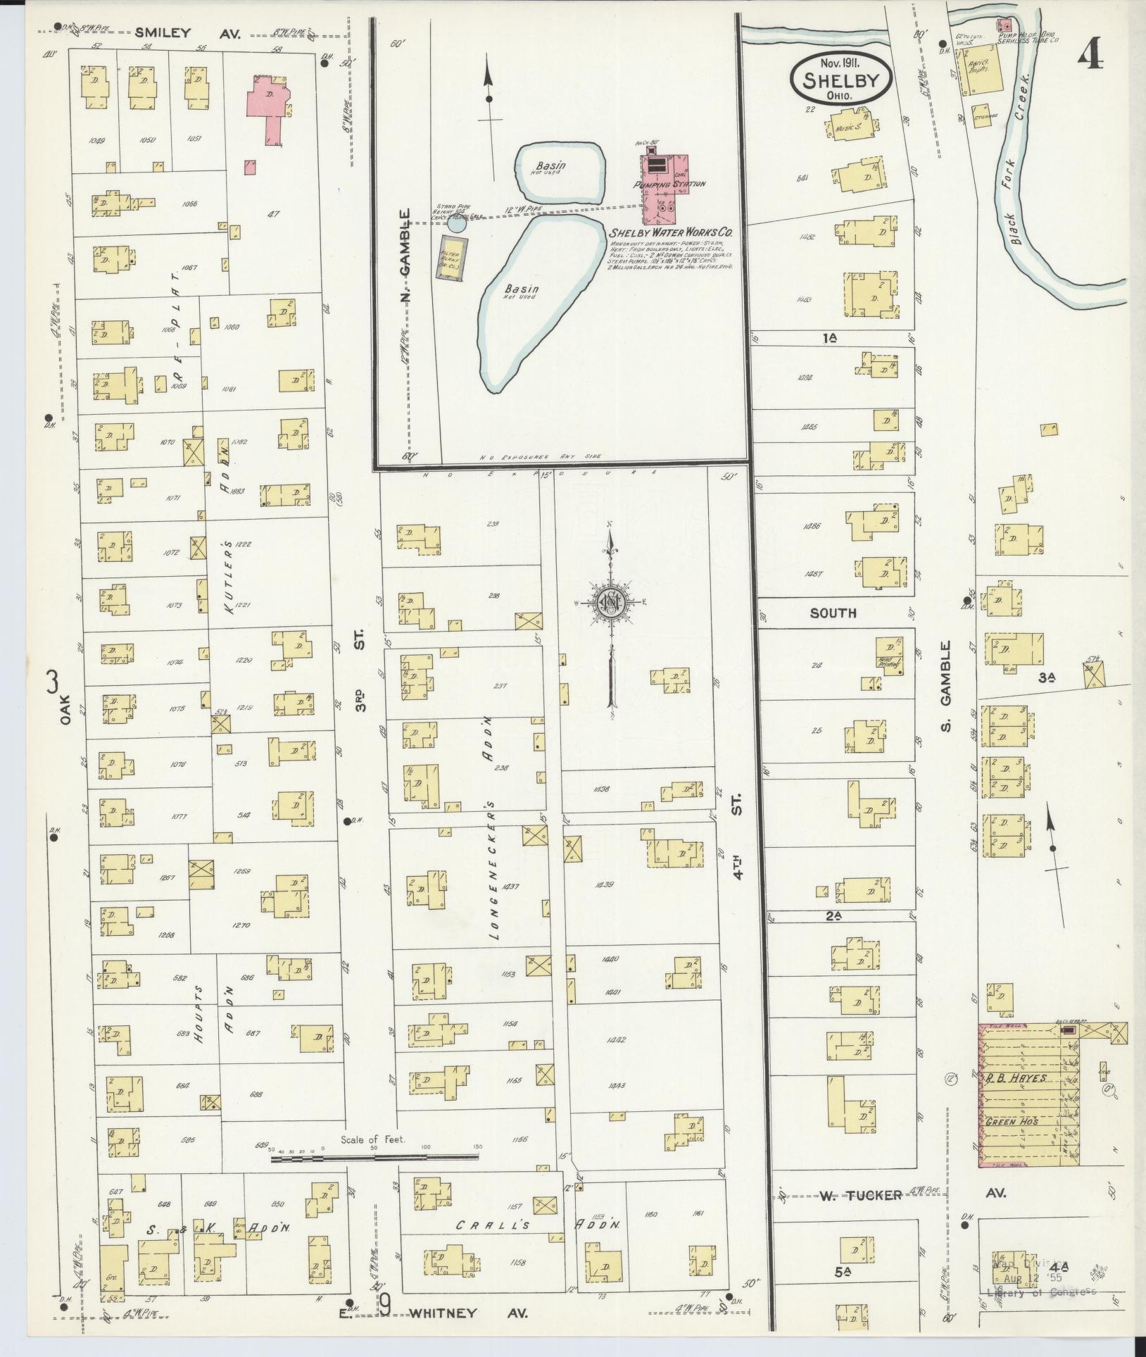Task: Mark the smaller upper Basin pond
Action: tap(562, 171)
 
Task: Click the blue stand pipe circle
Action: tap(457, 225)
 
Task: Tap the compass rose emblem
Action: tap(610, 602)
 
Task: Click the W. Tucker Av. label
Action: tap(860, 1195)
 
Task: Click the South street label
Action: tap(833, 613)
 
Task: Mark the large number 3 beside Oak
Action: tap(53, 682)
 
